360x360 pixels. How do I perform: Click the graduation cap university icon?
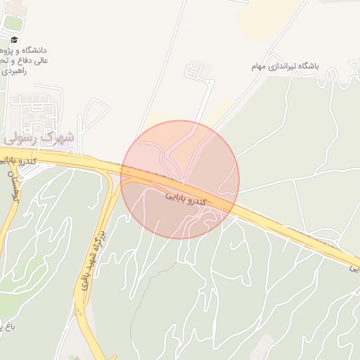click(x=14, y=39)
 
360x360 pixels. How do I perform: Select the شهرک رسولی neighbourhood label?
click(x=39, y=138)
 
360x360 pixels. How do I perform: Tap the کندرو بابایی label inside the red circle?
click(x=186, y=197)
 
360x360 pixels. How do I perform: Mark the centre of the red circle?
click(x=180, y=179)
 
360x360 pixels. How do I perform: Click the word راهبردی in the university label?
click(x=13, y=71)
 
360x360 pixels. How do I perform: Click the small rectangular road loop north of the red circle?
click(x=194, y=70)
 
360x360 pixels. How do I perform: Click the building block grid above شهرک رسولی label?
click(x=35, y=112)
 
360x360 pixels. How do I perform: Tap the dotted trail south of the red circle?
click(x=141, y=295)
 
